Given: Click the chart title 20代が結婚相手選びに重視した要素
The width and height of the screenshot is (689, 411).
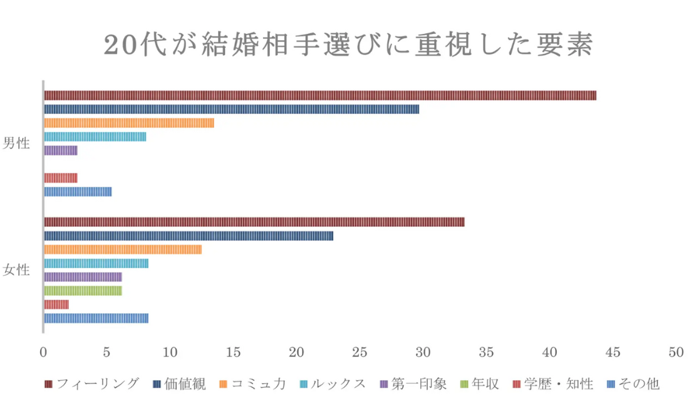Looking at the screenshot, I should (x=348, y=45).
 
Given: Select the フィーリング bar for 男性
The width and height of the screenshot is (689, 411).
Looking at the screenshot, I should (x=319, y=95).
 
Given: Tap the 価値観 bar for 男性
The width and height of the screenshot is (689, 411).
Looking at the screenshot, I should (x=231, y=109).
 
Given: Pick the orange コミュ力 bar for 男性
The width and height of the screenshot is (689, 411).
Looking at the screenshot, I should (x=128, y=123).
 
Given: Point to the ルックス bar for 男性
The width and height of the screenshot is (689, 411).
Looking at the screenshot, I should (x=95, y=137).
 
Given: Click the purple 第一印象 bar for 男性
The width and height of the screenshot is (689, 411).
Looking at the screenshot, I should (x=60, y=150).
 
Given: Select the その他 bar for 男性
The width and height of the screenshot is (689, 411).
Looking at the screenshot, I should (x=78, y=192).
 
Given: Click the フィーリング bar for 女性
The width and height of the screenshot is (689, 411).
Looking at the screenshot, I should (x=254, y=222).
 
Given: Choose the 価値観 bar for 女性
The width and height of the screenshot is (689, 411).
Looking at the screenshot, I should (x=188, y=236).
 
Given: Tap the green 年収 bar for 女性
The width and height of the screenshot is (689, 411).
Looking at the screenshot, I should (x=83, y=291).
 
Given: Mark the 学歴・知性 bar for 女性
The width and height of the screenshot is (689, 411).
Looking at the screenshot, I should (x=56, y=304).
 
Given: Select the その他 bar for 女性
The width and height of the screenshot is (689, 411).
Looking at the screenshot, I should (x=96, y=318).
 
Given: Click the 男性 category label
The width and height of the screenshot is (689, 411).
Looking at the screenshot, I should (x=16, y=143).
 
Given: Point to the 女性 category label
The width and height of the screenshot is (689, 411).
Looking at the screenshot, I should (x=16, y=270).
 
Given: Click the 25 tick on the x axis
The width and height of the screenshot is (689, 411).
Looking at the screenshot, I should (x=360, y=353).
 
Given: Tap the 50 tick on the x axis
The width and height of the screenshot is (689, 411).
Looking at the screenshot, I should (x=676, y=353).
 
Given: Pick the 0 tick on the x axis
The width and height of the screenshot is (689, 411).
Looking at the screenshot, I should (x=43, y=353).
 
